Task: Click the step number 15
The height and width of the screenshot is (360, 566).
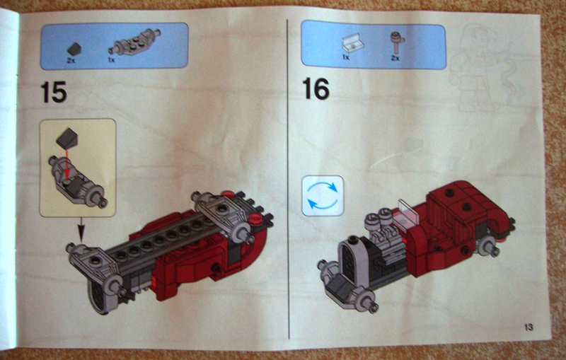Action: tap(54, 92)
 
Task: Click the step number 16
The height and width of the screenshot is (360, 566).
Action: tap(316, 88)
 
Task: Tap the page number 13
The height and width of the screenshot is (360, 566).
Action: tap(528, 326)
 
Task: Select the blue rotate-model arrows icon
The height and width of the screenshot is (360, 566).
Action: tap(322, 195)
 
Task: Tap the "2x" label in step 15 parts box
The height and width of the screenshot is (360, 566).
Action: tap(71, 61)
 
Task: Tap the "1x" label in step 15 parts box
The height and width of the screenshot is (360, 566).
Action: tap(112, 61)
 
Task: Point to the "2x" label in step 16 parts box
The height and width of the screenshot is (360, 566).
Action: tap(395, 57)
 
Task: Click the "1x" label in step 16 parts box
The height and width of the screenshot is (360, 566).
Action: tap(346, 57)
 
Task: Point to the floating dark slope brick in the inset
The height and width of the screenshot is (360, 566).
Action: tap(70, 138)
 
